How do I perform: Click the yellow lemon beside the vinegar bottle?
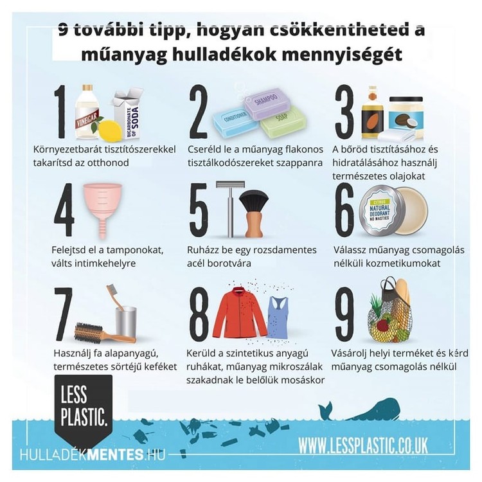110,129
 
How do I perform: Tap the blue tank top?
278,317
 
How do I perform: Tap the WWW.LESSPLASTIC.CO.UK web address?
362,444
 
